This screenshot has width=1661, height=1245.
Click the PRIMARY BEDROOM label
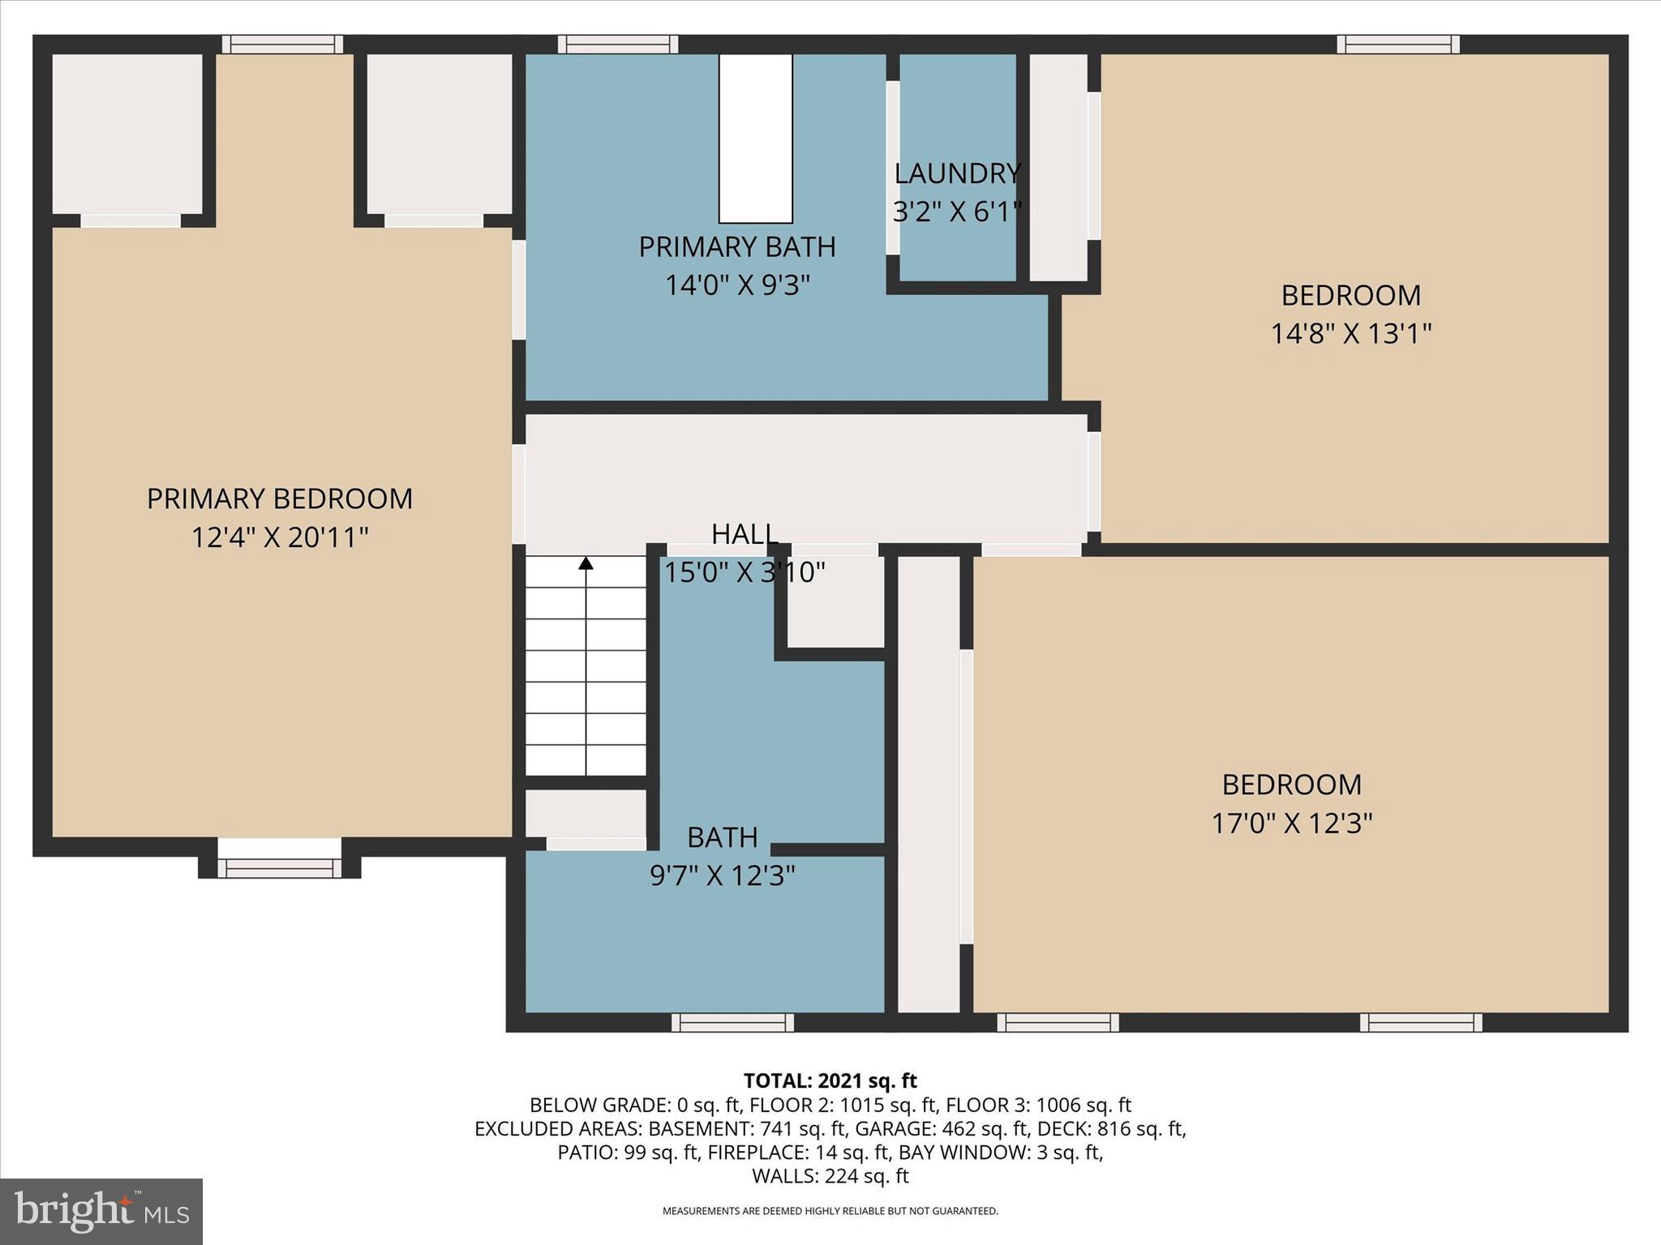(x=280, y=498)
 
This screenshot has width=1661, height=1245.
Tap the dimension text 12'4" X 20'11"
(x=280, y=537)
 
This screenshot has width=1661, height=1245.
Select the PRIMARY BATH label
(x=737, y=247)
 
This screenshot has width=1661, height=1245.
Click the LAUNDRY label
(x=957, y=173)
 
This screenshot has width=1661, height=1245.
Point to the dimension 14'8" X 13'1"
(x=1350, y=333)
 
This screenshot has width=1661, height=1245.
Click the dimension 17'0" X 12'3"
(x=1291, y=823)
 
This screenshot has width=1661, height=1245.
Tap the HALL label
(x=745, y=534)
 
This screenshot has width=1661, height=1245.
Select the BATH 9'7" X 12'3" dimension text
(x=722, y=875)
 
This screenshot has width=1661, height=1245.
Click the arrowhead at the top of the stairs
(x=586, y=563)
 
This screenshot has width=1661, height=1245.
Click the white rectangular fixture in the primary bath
(x=755, y=138)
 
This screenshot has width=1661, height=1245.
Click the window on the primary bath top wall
(x=618, y=44)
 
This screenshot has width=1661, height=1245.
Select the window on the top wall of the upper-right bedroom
(x=1398, y=44)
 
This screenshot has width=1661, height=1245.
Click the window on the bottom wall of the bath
(x=732, y=1023)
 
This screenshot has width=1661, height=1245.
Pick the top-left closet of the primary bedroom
(x=127, y=134)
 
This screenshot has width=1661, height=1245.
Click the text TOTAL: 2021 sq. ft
(x=830, y=1080)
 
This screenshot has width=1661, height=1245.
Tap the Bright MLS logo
(x=101, y=1211)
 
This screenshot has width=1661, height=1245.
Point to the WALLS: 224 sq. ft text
(x=830, y=1175)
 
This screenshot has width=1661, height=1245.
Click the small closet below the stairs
(x=586, y=813)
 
